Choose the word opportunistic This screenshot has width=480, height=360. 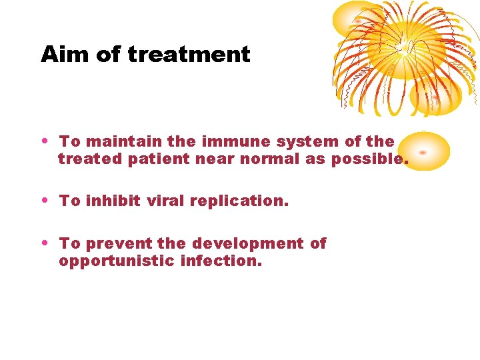[x=117, y=261]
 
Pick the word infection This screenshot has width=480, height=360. [x=221, y=261]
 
